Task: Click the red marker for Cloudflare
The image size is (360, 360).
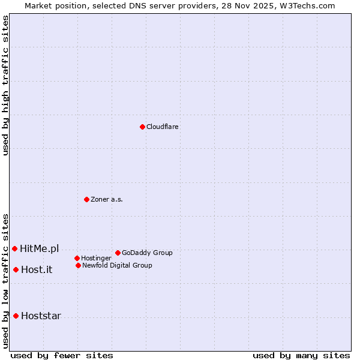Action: (x=142, y=127)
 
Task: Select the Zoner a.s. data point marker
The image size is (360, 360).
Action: (x=86, y=199)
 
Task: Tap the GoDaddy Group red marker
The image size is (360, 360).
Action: (x=118, y=253)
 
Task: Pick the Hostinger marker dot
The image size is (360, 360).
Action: (x=77, y=258)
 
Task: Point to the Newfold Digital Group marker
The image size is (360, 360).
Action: (x=78, y=265)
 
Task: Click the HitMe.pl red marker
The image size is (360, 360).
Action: (x=14, y=248)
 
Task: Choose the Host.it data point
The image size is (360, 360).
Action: (x=16, y=269)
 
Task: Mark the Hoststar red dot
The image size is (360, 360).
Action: (x=16, y=316)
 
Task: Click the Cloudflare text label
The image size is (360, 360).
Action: (x=163, y=127)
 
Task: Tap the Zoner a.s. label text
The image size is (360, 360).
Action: (x=107, y=199)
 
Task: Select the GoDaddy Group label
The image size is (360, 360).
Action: (x=147, y=253)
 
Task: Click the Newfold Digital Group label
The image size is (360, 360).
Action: (x=117, y=265)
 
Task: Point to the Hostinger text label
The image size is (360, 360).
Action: (x=96, y=258)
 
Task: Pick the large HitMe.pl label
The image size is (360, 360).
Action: (x=40, y=248)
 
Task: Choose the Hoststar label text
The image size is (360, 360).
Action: (x=41, y=316)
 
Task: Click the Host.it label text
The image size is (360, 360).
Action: (x=37, y=269)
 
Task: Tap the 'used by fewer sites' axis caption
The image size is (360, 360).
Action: (x=62, y=355)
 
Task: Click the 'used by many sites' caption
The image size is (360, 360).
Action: (x=301, y=355)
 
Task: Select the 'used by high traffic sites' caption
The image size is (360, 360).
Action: (x=5, y=85)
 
